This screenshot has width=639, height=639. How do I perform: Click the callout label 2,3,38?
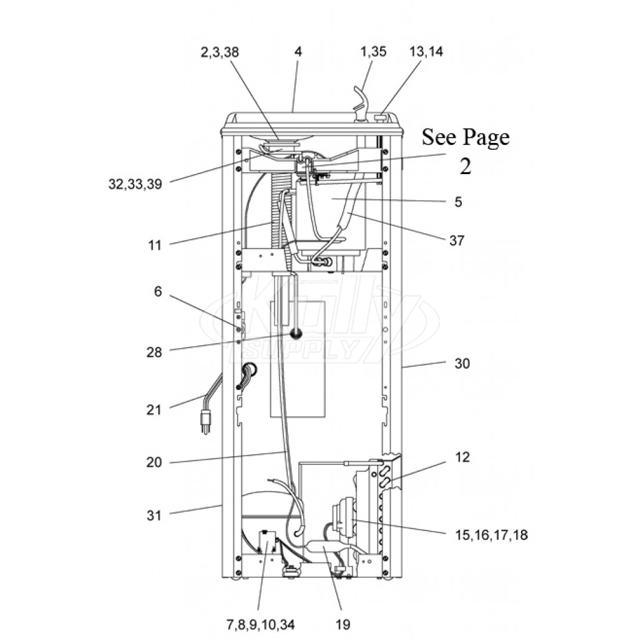click(220, 52)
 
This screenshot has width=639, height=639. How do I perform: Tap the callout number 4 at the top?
click(298, 52)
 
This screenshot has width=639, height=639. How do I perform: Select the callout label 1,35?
click(373, 52)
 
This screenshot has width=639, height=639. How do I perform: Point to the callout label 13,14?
click(426, 52)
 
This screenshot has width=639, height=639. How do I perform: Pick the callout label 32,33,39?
click(135, 184)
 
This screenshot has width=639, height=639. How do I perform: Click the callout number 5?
click(459, 202)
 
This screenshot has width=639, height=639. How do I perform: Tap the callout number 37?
click(457, 240)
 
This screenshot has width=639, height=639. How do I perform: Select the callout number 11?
click(155, 245)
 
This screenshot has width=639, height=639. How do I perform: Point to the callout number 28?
click(154, 352)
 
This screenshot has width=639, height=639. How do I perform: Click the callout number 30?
click(462, 364)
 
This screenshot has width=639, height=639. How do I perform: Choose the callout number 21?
click(154, 409)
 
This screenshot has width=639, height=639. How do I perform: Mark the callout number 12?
click(462, 457)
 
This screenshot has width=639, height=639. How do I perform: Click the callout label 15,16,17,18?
click(492, 535)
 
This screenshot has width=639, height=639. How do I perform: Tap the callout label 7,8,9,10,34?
click(260, 624)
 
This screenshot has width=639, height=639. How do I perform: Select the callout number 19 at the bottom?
click(343, 624)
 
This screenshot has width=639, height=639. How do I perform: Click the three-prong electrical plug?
click(206, 421)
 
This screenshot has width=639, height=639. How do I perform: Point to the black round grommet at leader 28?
click(295, 334)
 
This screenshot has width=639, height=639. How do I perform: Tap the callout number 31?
click(154, 515)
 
